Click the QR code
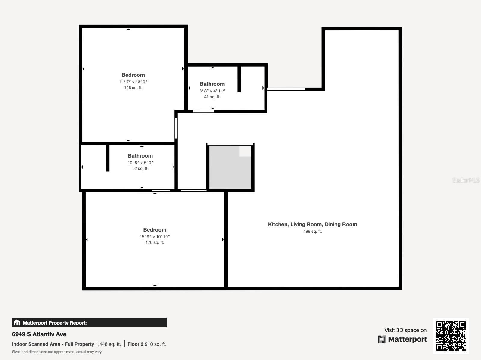[x=451, y=336]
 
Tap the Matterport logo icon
[x=381, y=339]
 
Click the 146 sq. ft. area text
[x=133, y=88]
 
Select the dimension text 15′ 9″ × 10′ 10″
[x=155, y=237]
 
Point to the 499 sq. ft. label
[x=312, y=231]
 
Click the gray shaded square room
[x=230, y=171]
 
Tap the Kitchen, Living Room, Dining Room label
[x=312, y=224]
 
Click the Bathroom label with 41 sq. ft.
[x=212, y=84]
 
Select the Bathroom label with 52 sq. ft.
[x=140, y=156]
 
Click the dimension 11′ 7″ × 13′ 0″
[x=133, y=82]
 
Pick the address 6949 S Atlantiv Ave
[x=39, y=334]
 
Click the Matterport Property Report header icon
[x=17, y=323]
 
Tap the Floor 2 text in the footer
[x=135, y=344]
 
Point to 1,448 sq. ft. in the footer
[x=108, y=344]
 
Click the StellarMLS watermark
[x=466, y=180]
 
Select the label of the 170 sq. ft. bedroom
[x=155, y=230]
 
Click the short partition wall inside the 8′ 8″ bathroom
[x=239, y=79]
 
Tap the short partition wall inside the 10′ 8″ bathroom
[x=108, y=158]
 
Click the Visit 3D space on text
[x=405, y=330]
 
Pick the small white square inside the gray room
[x=245, y=151]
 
